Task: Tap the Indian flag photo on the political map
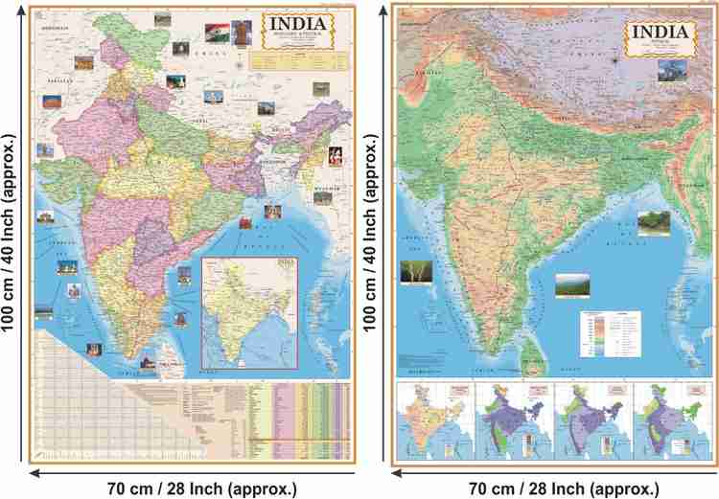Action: click(x=218, y=31)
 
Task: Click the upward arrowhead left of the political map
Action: click(x=19, y=9)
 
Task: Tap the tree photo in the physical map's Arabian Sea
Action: click(x=415, y=271)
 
